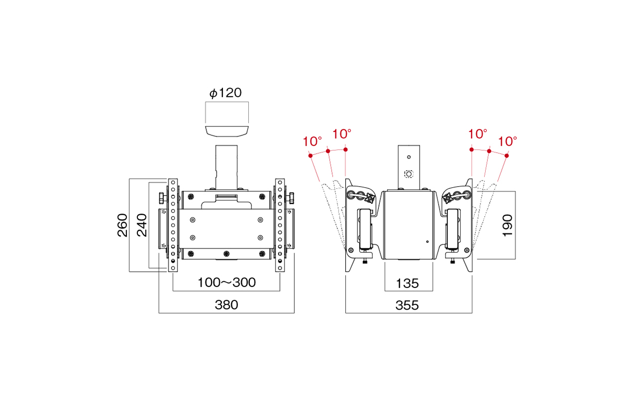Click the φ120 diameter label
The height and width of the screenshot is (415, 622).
coord(225,93)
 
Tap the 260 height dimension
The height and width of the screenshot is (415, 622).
coord(122,225)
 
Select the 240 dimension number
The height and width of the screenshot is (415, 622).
coord(142,225)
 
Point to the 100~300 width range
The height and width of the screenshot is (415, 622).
coord(227,282)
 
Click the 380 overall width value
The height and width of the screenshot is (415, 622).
coord(227,305)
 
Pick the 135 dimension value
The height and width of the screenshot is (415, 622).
coord(407,284)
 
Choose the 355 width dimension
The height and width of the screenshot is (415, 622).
coord(407,305)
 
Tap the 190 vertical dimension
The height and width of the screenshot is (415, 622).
coord(507,226)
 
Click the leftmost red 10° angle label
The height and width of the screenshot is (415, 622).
coord(312,142)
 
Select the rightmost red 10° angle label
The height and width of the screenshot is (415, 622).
coord(507,142)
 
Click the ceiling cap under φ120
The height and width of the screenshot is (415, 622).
coord(227,131)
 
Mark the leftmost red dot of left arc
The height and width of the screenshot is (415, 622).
coord(310,156)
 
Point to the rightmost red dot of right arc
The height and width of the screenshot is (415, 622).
coord(506,156)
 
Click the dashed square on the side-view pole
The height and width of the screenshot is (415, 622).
coord(408,174)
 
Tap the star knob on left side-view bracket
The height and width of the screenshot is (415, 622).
coord(370,198)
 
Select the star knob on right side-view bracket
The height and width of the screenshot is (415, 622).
coord(448,198)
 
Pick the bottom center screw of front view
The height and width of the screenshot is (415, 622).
coord(227,254)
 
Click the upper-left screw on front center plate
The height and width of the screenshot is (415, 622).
coord(192,220)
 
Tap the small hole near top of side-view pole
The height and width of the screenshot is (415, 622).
coord(409,157)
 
